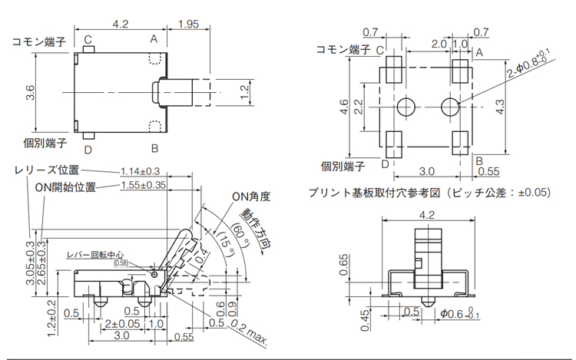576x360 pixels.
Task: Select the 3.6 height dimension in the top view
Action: [x=29, y=92]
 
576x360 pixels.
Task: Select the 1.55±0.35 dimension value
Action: [x=144, y=186]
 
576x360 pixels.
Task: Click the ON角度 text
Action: [x=251, y=197]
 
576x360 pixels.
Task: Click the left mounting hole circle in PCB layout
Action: [x=407, y=106]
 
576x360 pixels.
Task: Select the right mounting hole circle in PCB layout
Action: [x=451, y=106]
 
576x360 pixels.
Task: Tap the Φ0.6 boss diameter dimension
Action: [x=461, y=312]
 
